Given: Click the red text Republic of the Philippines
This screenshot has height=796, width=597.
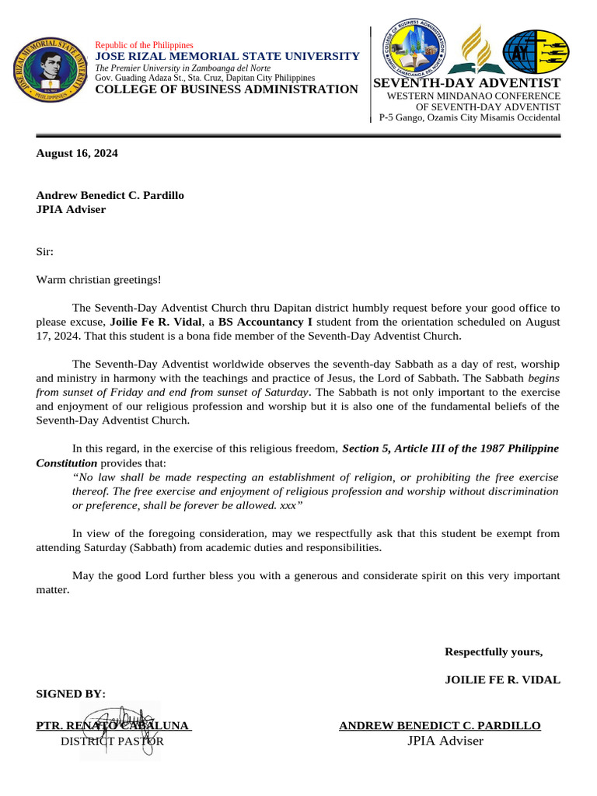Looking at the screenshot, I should click(144, 46).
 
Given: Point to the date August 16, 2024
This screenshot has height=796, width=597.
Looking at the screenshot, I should click(77, 153).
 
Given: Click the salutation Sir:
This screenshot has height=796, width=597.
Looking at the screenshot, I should click(46, 252).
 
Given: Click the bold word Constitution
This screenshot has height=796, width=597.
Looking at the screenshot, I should click(67, 463).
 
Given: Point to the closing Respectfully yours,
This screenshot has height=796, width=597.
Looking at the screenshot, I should click(494, 651).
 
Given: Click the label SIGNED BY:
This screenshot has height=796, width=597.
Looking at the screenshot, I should click(71, 693).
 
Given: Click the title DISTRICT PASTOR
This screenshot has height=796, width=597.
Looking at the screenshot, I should click(112, 741).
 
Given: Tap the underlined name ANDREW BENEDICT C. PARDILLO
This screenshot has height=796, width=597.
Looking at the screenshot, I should click(440, 725).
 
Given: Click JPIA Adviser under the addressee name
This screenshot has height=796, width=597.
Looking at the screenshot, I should click(71, 209).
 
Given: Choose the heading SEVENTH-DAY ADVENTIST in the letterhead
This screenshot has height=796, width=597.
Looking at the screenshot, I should click(467, 82).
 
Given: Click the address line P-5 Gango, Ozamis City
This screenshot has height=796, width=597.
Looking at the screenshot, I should click(469, 117).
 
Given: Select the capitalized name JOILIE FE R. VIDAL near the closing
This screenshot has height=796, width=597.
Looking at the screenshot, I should click(502, 679).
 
